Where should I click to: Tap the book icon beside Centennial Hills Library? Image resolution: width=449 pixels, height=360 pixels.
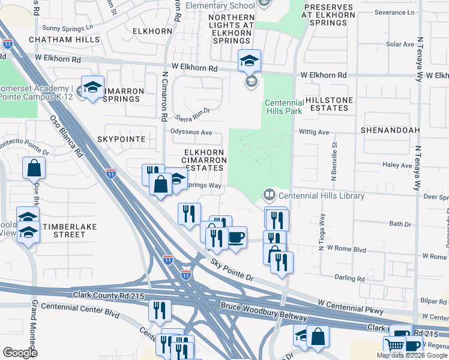coord(269,194)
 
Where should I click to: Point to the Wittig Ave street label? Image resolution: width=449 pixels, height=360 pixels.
coord(315,132)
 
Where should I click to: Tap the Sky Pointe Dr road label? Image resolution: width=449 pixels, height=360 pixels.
coord(232,271)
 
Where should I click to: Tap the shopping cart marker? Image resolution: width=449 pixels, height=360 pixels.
coord(394,345)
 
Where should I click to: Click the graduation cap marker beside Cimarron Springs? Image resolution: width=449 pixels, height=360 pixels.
coord(93,88)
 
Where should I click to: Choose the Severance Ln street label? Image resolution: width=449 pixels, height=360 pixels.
coord(394,12)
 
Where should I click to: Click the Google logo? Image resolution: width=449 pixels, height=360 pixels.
coord(20,353)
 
